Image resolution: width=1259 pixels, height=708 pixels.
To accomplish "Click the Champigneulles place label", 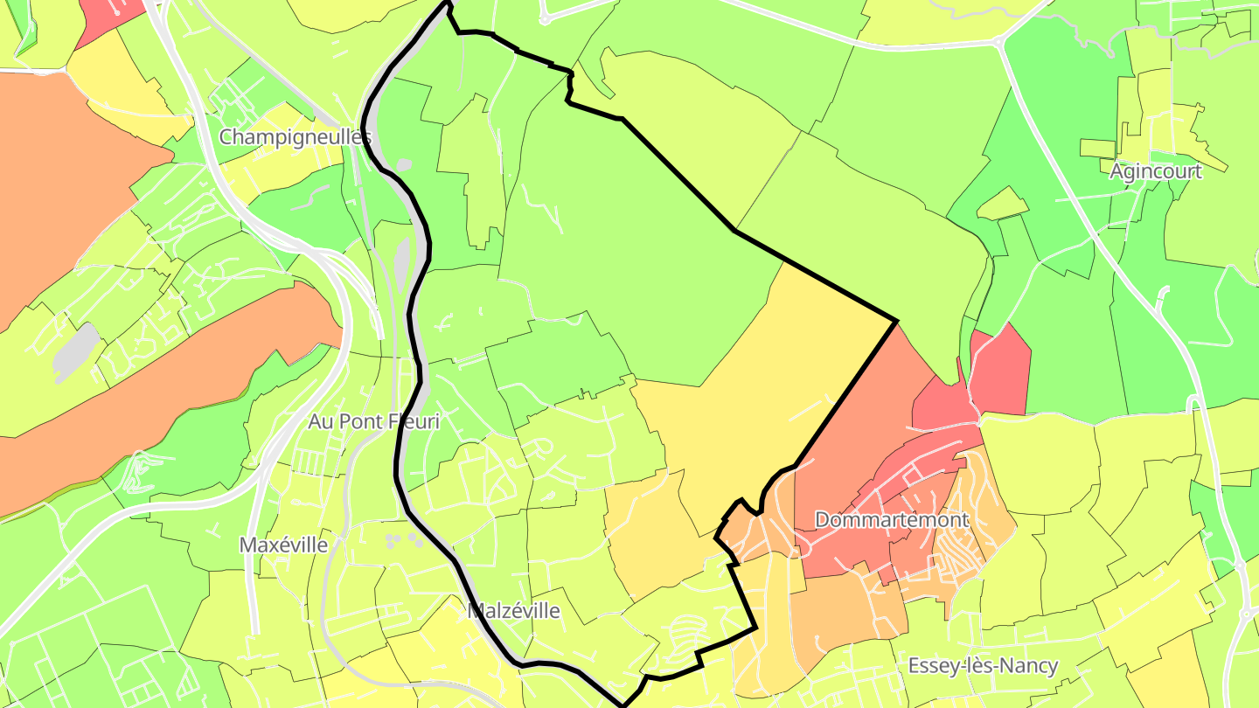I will tap(295, 137).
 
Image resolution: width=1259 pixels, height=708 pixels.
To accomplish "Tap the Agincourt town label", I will tap(1155, 171).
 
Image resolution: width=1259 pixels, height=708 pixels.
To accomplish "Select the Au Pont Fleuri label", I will tap(373, 421).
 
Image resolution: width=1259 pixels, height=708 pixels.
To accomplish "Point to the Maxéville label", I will tap(283, 545).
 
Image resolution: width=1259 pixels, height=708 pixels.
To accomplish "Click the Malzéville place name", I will tap(513, 611).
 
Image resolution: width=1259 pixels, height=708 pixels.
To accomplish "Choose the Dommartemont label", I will tap(891, 520).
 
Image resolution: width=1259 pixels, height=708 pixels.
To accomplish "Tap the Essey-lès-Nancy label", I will tap(983, 666).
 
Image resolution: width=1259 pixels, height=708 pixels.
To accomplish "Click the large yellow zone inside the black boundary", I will tap(769, 385).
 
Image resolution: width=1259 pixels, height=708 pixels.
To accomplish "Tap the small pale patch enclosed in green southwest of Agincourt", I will tap(1003, 204).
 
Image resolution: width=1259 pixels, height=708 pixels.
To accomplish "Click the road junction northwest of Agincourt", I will tap(998, 40).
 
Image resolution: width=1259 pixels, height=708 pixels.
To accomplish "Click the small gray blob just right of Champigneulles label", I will tap(404, 163).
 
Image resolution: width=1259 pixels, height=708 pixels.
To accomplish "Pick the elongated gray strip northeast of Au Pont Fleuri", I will tap(403, 262).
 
